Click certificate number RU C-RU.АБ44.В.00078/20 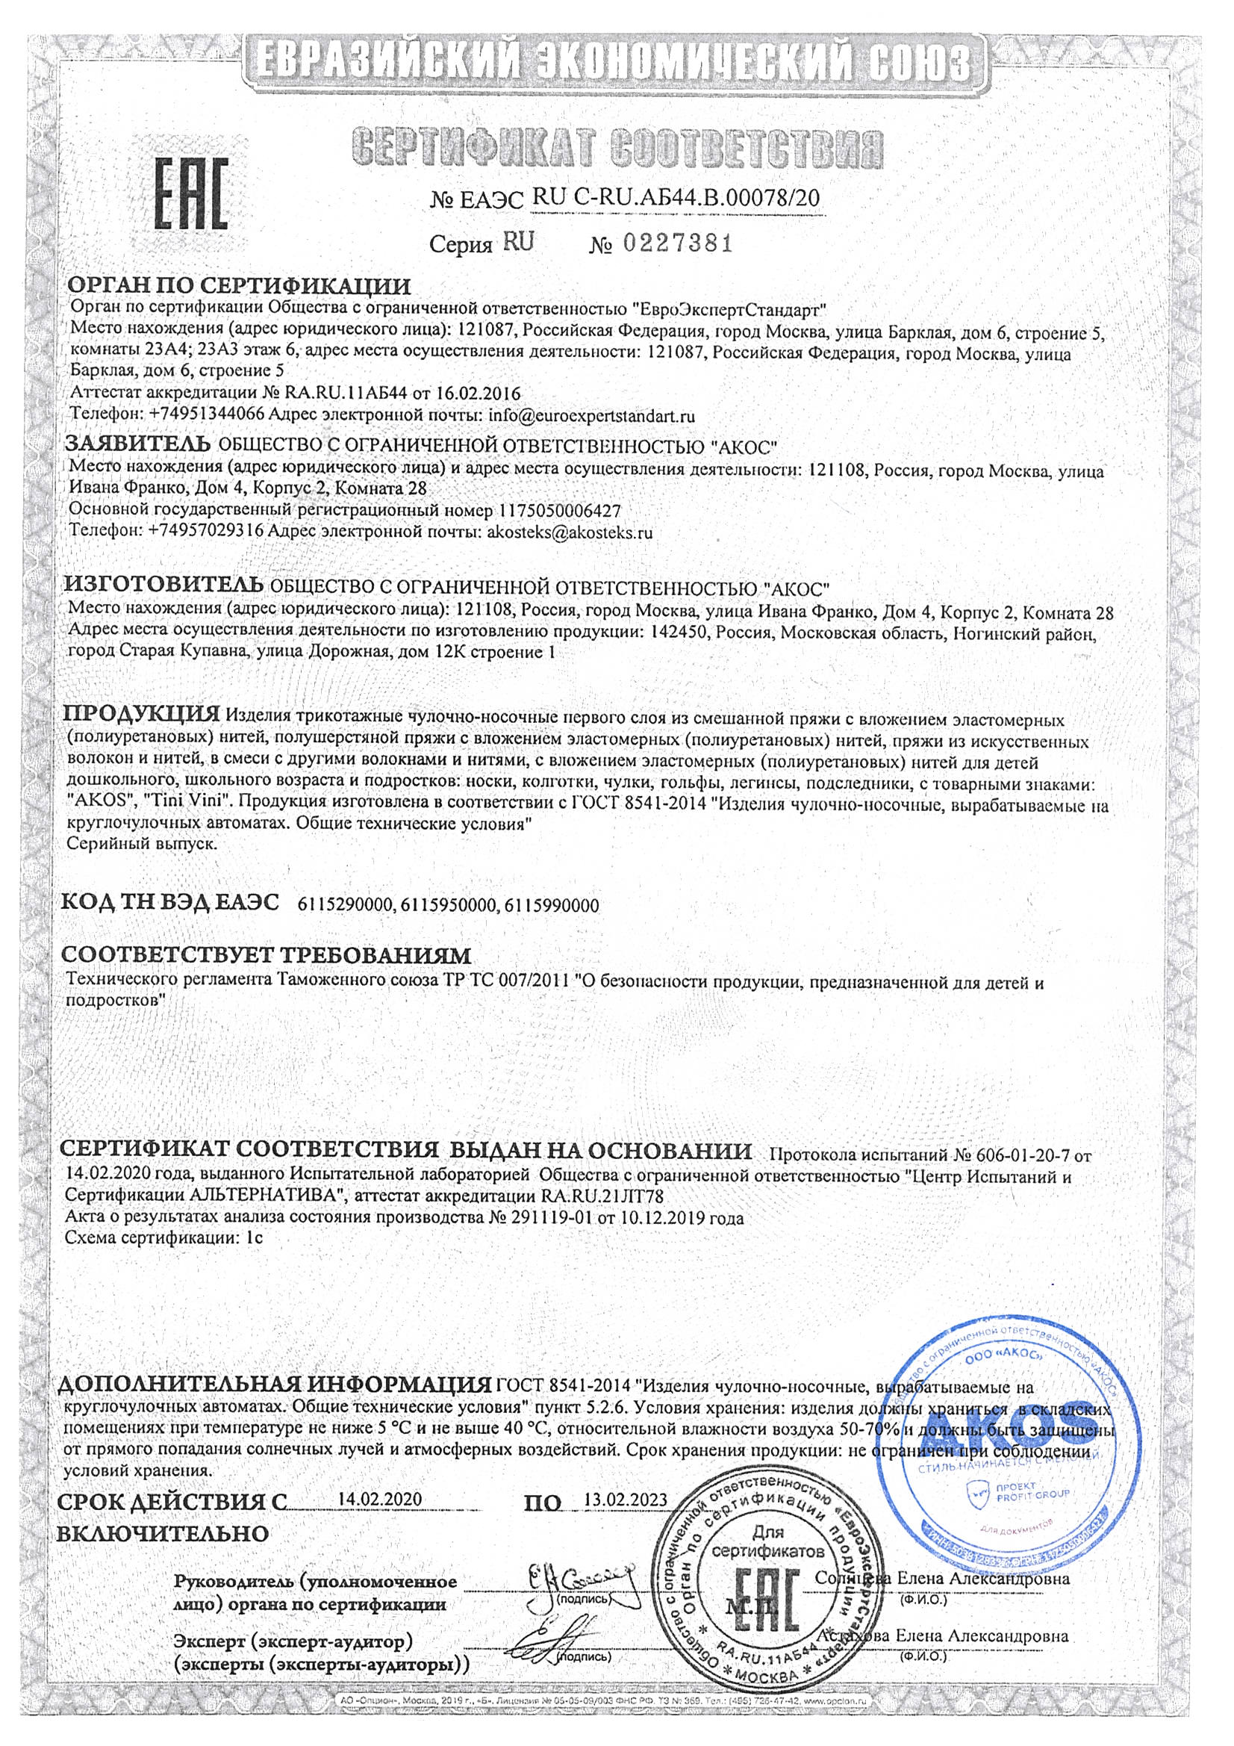pyautogui.click(x=676, y=199)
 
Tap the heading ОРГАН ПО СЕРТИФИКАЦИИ pyautogui.click(x=240, y=287)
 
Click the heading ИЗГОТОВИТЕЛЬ pyautogui.click(x=163, y=585)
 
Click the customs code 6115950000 pyautogui.click(x=448, y=906)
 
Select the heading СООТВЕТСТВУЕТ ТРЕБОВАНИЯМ pyautogui.click(x=266, y=955)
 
